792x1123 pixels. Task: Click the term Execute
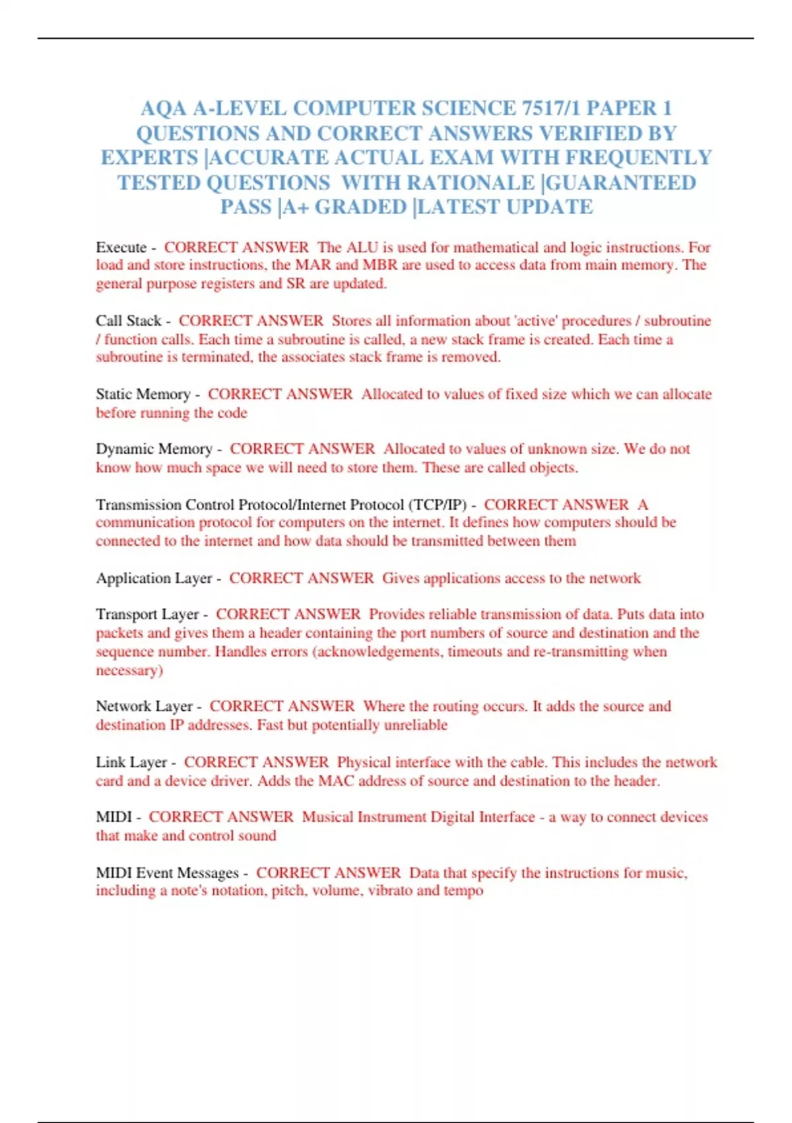click(121, 248)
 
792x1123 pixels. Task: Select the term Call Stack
click(129, 321)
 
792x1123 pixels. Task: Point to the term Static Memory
click(143, 394)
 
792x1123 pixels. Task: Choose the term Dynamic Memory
click(154, 449)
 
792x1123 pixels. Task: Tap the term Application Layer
click(154, 578)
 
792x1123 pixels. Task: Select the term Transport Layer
click(147, 614)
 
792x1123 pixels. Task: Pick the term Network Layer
click(144, 706)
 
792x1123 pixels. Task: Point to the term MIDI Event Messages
click(167, 873)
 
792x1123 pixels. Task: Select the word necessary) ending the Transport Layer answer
click(129, 670)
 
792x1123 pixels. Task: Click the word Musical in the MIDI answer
click(327, 817)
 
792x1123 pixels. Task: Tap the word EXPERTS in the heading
click(149, 158)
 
